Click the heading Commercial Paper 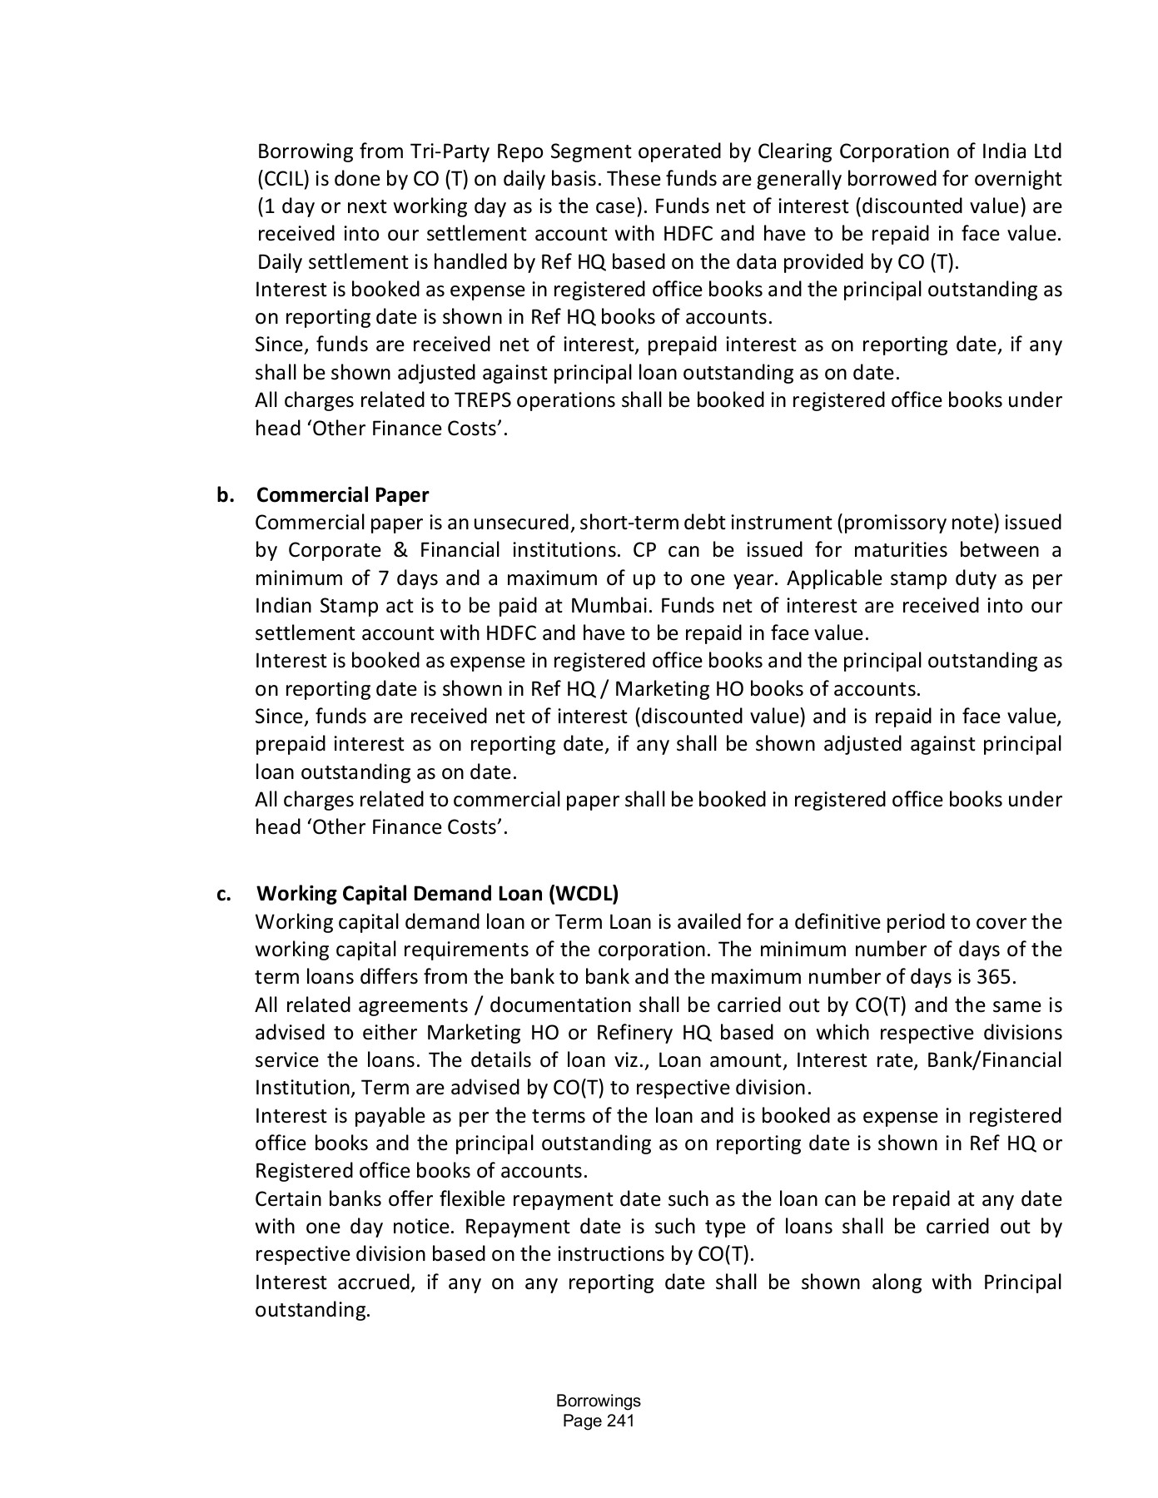point(342,495)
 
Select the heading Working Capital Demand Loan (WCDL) point(437,894)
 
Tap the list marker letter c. point(224,894)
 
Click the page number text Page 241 point(598,1421)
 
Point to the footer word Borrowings point(598,1401)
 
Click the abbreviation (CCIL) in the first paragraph point(281,179)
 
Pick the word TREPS point(483,400)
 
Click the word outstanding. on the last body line point(312,1310)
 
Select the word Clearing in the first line point(795,151)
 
